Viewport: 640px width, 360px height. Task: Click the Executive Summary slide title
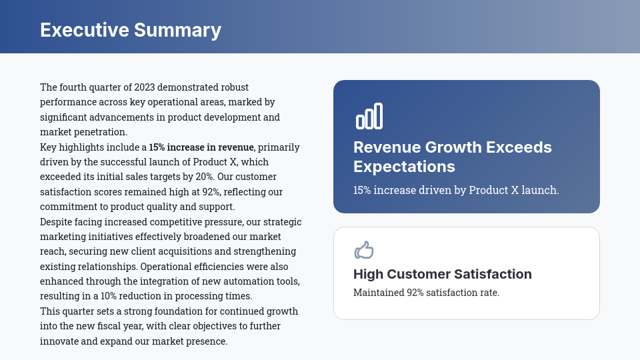pos(131,30)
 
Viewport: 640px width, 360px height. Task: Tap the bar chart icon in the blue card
pos(369,116)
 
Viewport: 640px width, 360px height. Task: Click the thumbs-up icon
pos(364,250)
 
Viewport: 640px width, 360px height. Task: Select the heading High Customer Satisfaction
pos(443,274)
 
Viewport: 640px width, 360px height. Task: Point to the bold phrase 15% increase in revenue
pos(201,147)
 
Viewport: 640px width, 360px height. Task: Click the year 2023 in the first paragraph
pos(145,87)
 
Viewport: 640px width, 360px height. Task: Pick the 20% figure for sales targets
pos(205,177)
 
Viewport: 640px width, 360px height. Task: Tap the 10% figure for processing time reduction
pos(109,296)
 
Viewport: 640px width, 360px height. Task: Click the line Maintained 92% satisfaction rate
pos(426,293)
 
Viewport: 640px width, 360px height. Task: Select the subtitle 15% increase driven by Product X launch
pos(456,190)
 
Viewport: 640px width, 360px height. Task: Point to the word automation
pos(245,281)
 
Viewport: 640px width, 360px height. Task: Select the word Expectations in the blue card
pos(404,167)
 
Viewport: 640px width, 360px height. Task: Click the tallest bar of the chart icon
pos(379,116)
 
